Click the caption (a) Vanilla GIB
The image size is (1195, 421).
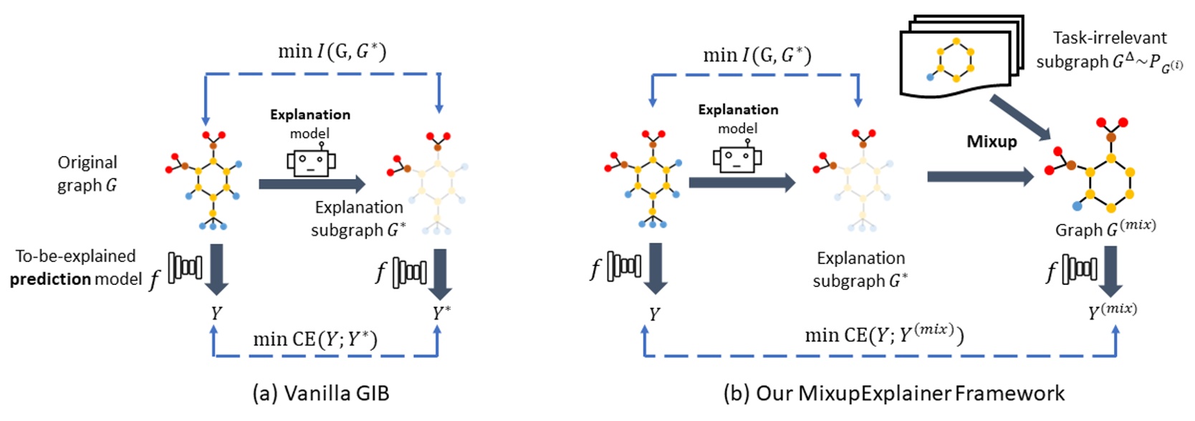click(320, 393)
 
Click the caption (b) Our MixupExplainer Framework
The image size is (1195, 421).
click(893, 393)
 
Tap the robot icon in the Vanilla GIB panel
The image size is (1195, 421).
click(311, 162)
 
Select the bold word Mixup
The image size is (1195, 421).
click(991, 141)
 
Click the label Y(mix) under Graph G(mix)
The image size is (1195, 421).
click(1112, 310)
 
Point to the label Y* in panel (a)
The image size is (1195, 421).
click(441, 313)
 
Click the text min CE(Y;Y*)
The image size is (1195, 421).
click(315, 338)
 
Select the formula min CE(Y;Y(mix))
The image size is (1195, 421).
click(883, 334)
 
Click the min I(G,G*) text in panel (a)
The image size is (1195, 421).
click(332, 52)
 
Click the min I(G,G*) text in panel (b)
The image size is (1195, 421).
click(757, 55)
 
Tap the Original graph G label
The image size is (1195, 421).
click(87, 174)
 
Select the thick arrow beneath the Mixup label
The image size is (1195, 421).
click(979, 176)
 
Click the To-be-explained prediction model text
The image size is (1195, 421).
click(77, 268)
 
